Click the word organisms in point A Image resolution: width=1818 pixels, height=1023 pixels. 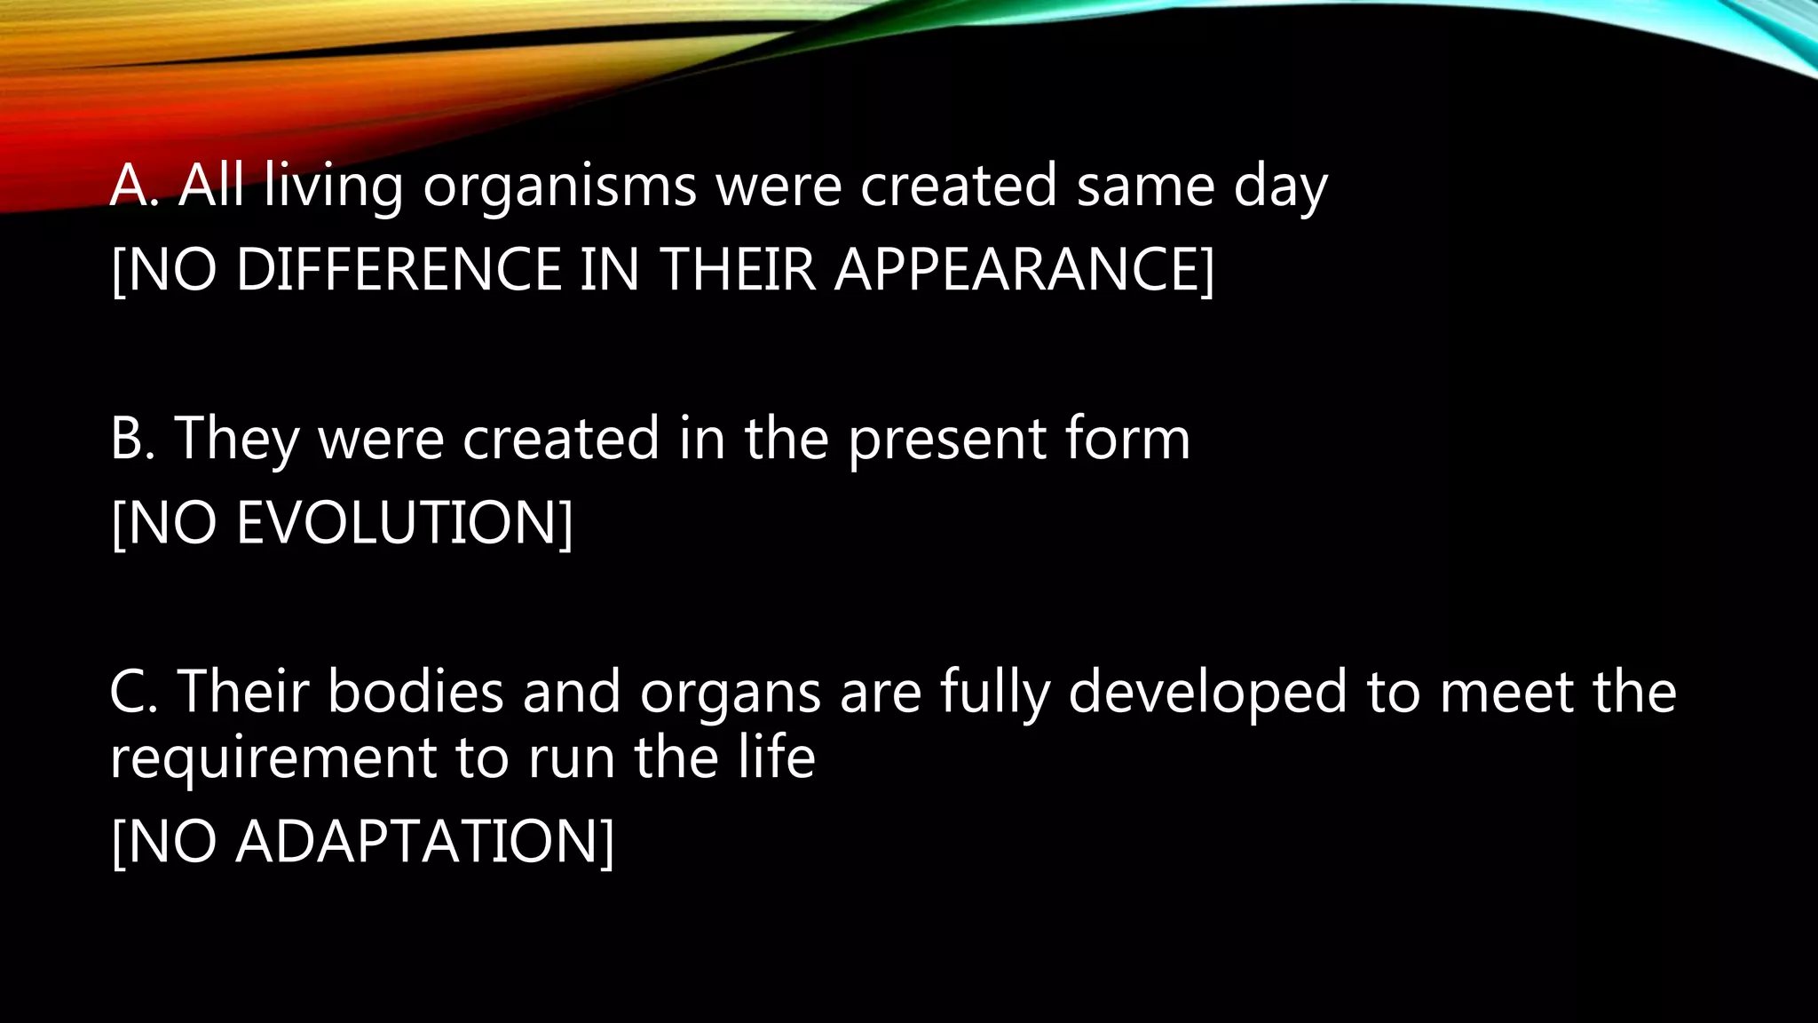[559, 188]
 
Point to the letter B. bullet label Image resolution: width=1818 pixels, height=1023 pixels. [133, 439]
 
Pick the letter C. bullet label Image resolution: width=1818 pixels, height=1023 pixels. [133, 692]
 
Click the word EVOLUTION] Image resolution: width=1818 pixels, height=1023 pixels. [404, 523]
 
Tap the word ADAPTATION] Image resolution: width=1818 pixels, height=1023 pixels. [424, 842]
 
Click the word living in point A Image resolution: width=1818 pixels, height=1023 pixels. [333, 188]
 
